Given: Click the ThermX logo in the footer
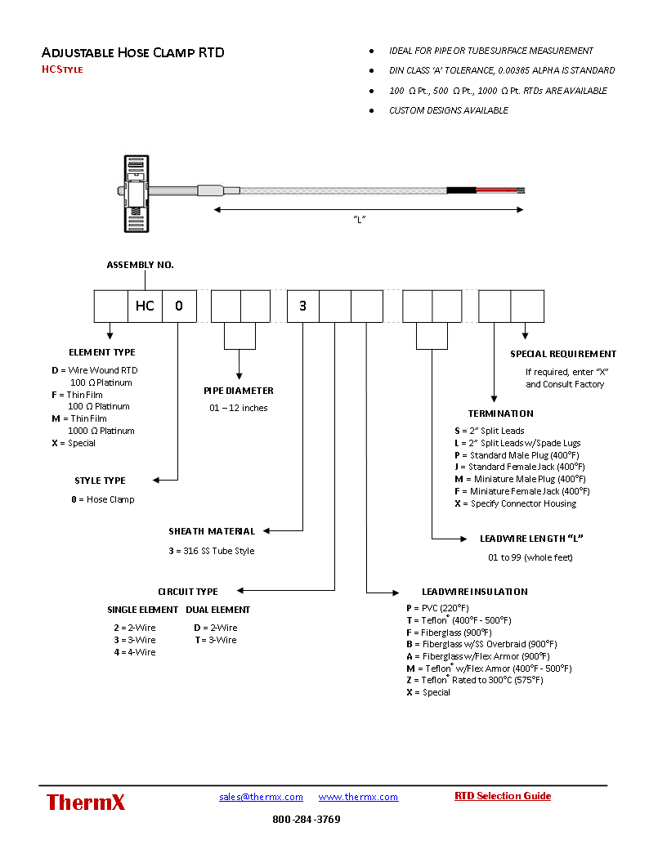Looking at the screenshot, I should tap(86, 803).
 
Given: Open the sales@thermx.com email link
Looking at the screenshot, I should tap(261, 797).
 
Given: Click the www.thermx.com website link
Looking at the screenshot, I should tap(358, 797).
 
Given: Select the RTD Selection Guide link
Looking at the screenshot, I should tap(503, 796).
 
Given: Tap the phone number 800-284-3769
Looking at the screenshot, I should tap(307, 820).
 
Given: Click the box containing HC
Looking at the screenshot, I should tap(145, 306).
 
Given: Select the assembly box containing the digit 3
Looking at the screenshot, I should tap(302, 306).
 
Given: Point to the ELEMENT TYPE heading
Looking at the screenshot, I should tap(102, 352).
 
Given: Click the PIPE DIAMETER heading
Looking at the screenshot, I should tap(239, 391).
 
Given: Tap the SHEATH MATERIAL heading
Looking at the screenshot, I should tap(212, 531).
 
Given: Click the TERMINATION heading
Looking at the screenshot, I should tap(501, 414).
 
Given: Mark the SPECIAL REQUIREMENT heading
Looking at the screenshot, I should tap(563, 354).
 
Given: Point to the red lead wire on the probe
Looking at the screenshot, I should tap(495, 190).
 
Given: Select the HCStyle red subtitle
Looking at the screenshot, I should tap(62, 69).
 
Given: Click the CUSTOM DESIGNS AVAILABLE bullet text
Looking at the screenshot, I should tap(448, 110).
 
